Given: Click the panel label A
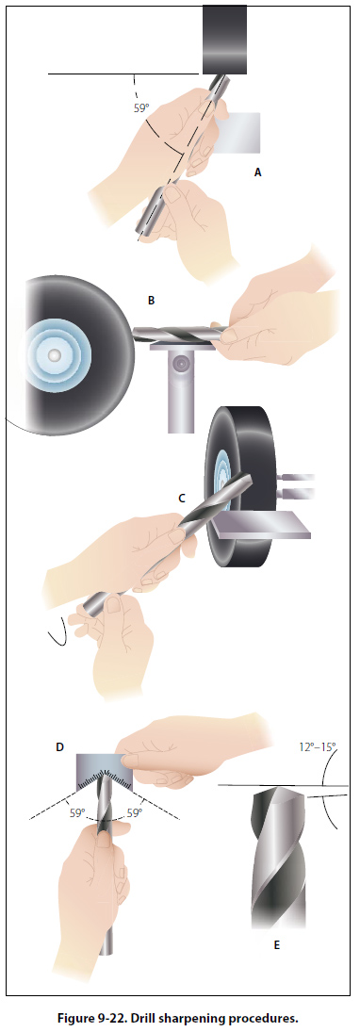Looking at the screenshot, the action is tap(258, 172).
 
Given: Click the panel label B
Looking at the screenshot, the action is tap(152, 302).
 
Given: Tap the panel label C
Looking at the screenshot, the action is tap(182, 499).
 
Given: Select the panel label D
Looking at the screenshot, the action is tap(60, 747).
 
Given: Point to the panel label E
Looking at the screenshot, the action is tap(276, 945).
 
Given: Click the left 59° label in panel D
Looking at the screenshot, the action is tap(78, 812).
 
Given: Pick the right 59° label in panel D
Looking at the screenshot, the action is tap(136, 812).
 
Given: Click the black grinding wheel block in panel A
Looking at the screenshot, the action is tap(224, 40).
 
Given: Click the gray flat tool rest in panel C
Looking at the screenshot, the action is tap(263, 528).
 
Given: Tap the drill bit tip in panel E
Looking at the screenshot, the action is tap(279, 790).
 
